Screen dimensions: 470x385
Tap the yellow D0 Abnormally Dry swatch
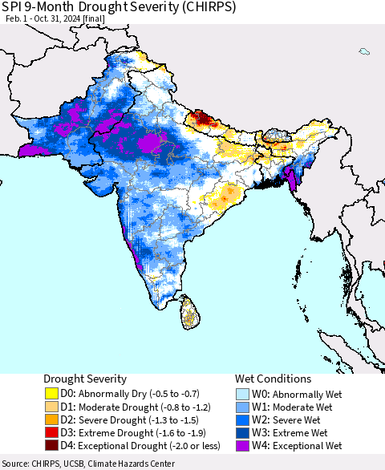coord(51,393)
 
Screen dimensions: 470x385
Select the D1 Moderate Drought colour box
coord(51,406)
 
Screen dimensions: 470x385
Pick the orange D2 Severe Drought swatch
coord(51,419)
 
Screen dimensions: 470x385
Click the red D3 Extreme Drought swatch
coord(51,432)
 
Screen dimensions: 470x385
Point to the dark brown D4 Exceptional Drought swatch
coord(51,445)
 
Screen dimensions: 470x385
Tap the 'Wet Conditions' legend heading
coord(273,379)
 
